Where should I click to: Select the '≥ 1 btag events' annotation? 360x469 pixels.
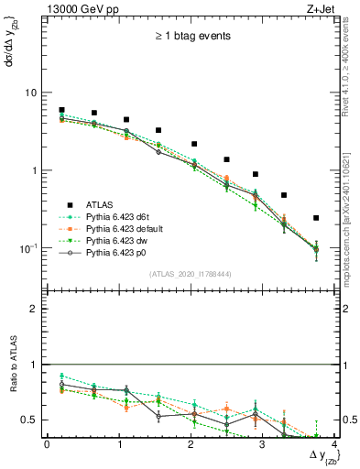191,37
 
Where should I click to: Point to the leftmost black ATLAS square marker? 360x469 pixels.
61,110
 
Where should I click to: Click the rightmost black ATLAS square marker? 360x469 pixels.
316,218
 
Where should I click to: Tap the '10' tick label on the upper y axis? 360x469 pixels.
30,93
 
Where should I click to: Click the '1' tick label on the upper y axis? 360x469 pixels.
33,170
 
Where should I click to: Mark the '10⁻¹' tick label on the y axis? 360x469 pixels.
28,248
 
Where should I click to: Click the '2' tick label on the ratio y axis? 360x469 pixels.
33,309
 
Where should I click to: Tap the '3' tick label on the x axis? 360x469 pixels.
263,444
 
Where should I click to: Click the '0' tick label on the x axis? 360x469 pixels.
47,444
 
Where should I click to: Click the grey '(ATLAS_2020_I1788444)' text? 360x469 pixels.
191,273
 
